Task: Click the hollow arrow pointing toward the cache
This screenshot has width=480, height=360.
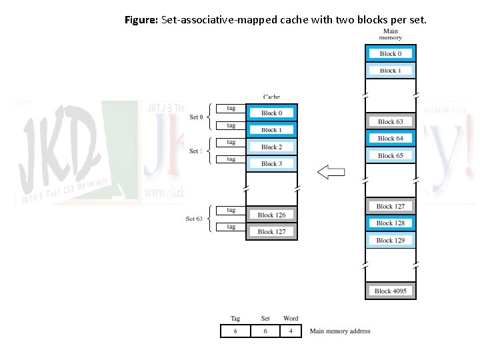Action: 331,173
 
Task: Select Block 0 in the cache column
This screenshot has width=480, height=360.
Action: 271,113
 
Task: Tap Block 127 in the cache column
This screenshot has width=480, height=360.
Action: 271,231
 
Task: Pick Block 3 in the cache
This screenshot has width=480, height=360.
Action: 271,163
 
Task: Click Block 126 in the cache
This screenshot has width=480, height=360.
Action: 271,215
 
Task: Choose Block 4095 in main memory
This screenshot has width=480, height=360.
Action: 390,291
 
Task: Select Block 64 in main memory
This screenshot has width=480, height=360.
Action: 390,139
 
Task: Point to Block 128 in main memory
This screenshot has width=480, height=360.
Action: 390,223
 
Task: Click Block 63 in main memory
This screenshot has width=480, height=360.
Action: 390,122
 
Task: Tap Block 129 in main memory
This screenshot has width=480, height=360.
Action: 390,240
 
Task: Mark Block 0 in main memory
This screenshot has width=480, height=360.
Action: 390,54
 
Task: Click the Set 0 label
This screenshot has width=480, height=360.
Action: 196,117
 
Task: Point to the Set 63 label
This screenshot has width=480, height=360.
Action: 194,218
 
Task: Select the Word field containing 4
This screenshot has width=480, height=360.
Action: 290,331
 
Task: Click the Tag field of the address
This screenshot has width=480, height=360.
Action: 235,331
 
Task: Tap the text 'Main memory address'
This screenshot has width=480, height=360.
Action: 340,331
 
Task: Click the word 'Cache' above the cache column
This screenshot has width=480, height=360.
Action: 271,97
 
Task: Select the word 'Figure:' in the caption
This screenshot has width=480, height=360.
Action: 141,20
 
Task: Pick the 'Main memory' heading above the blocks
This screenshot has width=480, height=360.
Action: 390,34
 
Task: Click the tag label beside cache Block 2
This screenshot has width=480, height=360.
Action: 231,142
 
